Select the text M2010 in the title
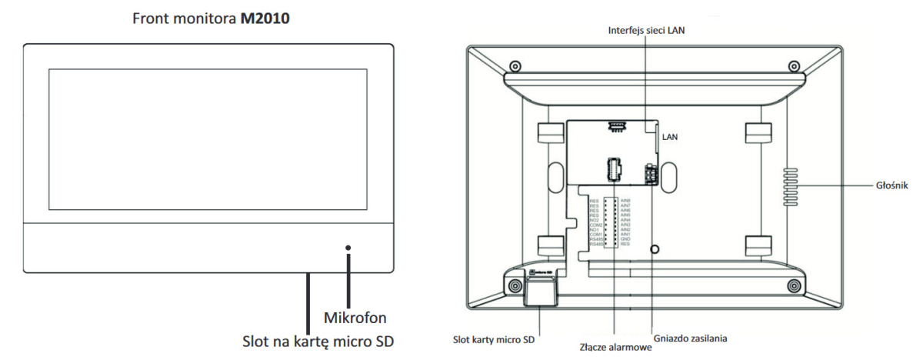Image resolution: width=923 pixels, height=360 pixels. click(265, 14)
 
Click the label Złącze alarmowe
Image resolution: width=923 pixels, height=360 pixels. click(615, 347)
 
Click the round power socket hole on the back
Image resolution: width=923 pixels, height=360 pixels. click(653, 249)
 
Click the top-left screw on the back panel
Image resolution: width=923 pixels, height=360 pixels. click(515, 65)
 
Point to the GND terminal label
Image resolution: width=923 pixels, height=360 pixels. click(625, 238)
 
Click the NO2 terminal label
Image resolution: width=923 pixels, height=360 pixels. click(594, 220)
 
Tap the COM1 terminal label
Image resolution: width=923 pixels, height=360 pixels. click(594, 234)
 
